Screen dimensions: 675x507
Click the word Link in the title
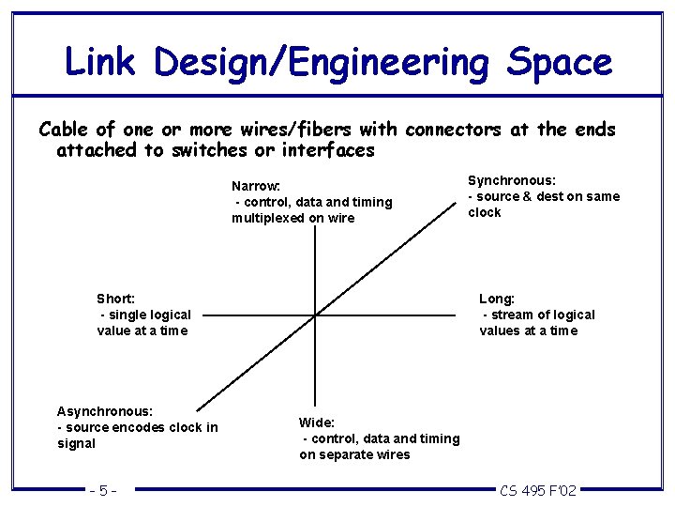[x=101, y=62]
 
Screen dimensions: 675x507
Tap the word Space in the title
[x=559, y=62]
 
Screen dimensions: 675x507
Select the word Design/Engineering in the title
[x=322, y=64]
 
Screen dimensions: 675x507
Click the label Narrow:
[x=256, y=186]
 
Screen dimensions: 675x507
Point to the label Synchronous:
[x=512, y=179]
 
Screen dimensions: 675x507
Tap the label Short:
[x=116, y=299]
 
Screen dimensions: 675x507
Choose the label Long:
[x=497, y=299]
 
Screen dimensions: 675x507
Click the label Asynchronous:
[x=105, y=410]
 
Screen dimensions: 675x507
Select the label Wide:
[x=317, y=422]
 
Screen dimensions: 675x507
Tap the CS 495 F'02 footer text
[x=538, y=490]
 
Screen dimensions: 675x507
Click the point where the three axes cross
[x=315, y=315]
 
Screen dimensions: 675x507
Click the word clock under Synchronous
[x=485, y=212]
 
